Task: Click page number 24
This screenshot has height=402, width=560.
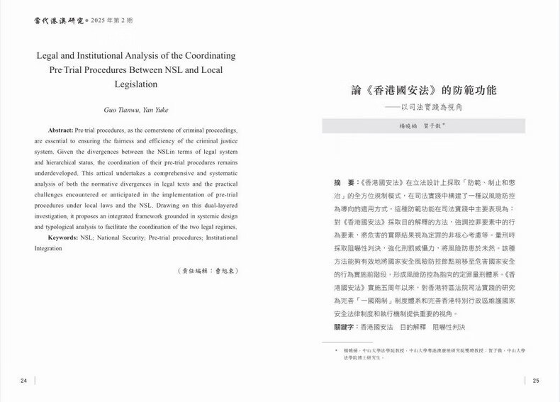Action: (x=23, y=381)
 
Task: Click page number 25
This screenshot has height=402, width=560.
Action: (x=536, y=381)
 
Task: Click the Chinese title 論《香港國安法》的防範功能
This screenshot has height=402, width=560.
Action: (x=424, y=91)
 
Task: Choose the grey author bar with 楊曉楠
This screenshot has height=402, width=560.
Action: (x=423, y=125)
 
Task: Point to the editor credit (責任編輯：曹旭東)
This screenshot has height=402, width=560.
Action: (x=206, y=271)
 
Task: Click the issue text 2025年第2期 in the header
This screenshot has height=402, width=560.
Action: (x=110, y=21)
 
